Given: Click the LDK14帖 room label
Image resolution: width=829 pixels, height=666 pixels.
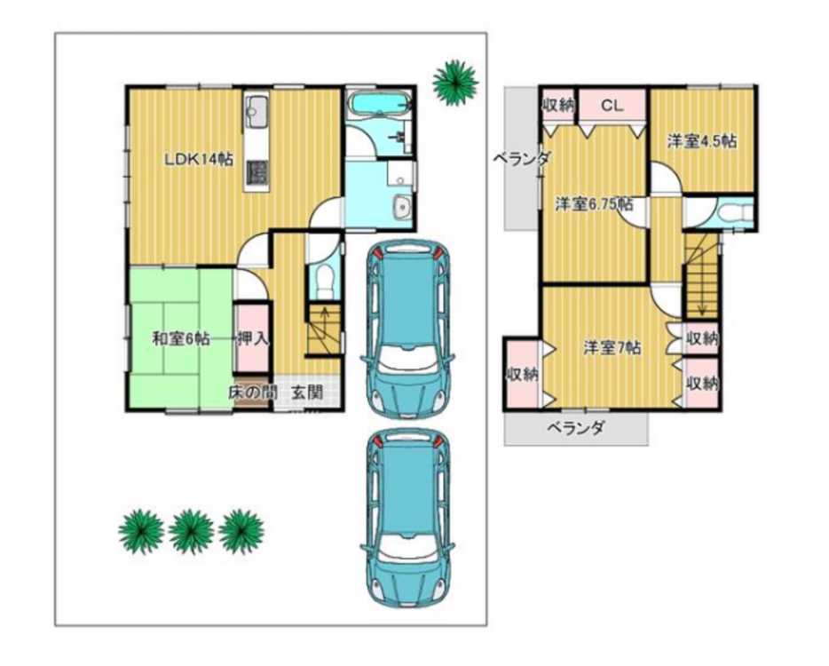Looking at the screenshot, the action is pyautogui.click(x=199, y=159).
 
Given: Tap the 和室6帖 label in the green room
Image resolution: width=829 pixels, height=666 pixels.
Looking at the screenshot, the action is pyautogui.click(x=181, y=338).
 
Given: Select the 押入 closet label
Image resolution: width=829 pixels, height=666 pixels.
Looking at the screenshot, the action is pyautogui.click(x=253, y=338).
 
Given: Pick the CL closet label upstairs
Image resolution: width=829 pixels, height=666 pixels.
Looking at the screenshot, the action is pyautogui.click(x=612, y=106).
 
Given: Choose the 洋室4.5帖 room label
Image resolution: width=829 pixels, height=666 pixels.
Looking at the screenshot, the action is pyautogui.click(x=701, y=141).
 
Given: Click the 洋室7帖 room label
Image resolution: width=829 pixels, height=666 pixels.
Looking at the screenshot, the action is pyautogui.click(x=612, y=348).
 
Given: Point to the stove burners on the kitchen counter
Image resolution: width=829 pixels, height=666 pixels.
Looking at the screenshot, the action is pyautogui.click(x=257, y=172).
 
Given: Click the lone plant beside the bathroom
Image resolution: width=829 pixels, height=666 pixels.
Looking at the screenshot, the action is pyautogui.click(x=455, y=82).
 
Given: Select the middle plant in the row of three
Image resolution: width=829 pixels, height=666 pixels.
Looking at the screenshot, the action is pyautogui.click(x=192, y=532).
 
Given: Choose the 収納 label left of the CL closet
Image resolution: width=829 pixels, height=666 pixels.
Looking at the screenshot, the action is pyautogui.click(x=558, y=106).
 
